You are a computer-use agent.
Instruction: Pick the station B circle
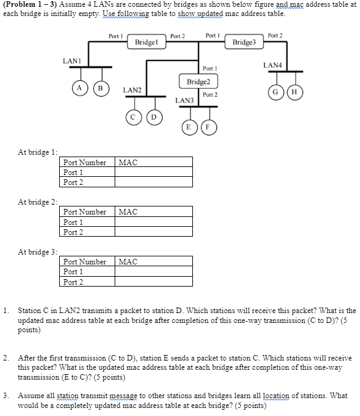tap(98, 87)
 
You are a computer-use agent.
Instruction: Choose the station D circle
tap(154, 116)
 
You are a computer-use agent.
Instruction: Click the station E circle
tap(189, 128)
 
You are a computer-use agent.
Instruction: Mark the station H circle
tap(293, 92)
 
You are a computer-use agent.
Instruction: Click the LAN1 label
tap(72, 60)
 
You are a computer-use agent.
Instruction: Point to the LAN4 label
tap(272, 65)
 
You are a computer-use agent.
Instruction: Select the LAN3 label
tap(184, 100)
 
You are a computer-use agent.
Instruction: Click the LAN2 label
tap(132, 90)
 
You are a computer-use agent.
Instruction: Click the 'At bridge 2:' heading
tap(38, 202)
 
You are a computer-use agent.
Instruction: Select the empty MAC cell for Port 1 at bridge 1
tap(154, 173)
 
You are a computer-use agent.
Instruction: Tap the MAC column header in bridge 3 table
tap(128, 262)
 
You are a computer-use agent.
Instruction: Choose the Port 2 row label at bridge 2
tap(73, 232)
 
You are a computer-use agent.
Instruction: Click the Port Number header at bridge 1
tap(85, 163)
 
